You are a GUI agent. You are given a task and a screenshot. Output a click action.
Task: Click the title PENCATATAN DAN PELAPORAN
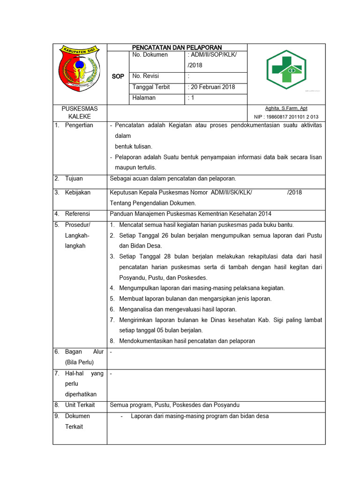[177, 47]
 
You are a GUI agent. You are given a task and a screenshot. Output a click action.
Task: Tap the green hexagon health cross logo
[286, 70]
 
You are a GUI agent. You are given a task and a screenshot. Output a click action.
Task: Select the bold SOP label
[118, 76]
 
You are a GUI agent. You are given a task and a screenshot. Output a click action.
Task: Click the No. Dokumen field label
[150, 55]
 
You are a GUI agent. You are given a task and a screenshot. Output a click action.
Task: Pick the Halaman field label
[144, 98]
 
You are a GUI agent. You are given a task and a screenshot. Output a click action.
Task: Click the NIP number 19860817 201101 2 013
[286, 117]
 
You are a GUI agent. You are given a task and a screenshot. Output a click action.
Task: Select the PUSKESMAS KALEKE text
[80, 112]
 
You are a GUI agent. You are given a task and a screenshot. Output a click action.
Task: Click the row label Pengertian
[79, 125]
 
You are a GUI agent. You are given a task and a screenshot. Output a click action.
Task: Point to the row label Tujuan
[74, 179]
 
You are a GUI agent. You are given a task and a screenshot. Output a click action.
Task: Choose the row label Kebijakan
[78, 193]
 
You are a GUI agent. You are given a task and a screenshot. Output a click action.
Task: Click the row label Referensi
[77, 214]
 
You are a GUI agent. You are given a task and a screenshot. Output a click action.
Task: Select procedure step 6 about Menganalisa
[178, 309]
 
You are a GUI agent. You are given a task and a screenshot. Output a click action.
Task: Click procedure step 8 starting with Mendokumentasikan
[187, 341]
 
